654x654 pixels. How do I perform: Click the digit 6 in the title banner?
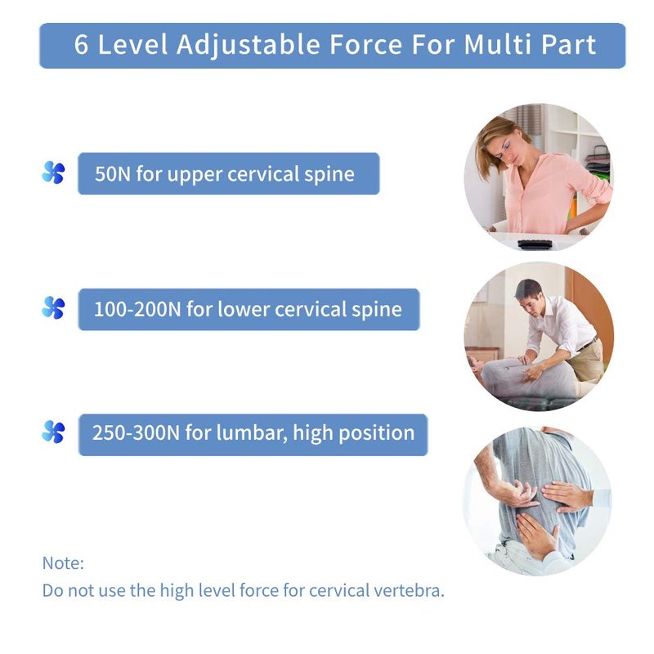(x=81, y=44)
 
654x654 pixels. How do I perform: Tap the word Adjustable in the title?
(x=249, y=45)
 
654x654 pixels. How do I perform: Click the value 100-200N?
(x=137, y=310)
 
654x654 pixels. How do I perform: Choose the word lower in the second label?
(x=243, y=310)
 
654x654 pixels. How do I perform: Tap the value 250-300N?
(x=136, y=433)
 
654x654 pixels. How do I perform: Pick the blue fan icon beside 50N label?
(x=53, y=172)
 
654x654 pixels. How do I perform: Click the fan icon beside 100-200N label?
(x=53, y=308)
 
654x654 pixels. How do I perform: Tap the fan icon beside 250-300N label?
(x=53, y=432)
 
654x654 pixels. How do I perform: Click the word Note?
(x=63, y=563)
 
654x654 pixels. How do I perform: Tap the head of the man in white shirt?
(x=529, y=295)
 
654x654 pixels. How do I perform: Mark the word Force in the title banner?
(x=366, y=44)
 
